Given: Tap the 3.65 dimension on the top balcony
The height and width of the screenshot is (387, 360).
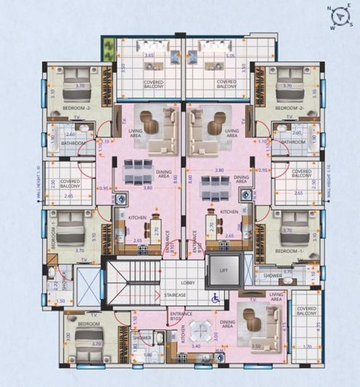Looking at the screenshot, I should (x=149, y=55).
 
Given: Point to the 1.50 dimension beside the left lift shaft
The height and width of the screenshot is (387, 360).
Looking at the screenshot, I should (x=60, y=300).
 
